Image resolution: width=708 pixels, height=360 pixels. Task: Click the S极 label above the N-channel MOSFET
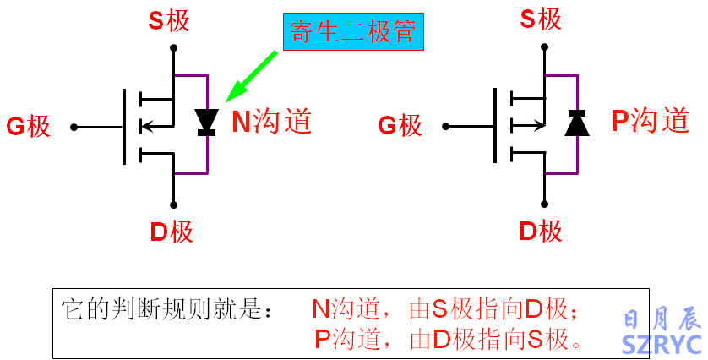(169, 20)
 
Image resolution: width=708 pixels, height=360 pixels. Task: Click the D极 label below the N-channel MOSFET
(172, 231)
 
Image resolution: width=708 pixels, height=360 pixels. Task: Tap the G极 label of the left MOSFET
(28, 127)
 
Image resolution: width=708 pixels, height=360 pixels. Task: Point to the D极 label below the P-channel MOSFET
(542, 230)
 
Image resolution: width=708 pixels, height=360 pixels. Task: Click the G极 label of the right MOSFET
(399, 126)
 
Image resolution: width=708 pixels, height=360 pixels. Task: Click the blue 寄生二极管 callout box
(354, 33)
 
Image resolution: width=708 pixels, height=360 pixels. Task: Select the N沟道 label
(272, 122)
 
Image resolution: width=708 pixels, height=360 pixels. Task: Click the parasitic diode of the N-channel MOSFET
(206, 122)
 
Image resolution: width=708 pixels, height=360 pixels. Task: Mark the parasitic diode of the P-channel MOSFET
(577, 123)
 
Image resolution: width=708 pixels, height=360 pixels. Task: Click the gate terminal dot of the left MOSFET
(74, 127)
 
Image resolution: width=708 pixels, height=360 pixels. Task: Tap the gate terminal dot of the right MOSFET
(446, 127)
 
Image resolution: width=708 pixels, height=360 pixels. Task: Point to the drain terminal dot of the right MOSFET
(544, 204)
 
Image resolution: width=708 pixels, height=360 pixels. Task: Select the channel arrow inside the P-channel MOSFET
(528, 127)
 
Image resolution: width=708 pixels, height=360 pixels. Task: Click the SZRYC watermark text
(662, 344)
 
